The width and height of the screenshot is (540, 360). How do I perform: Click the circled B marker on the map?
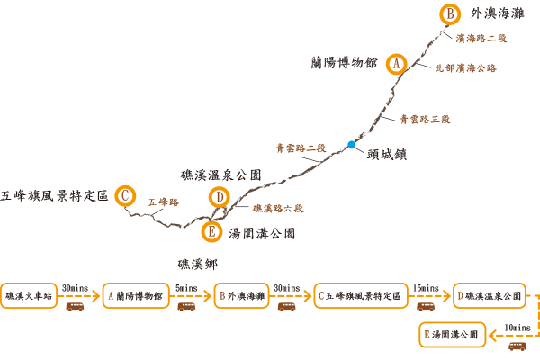450,14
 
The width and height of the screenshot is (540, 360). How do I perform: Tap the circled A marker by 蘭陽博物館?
396,64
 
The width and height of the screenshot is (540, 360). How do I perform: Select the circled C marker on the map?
125,195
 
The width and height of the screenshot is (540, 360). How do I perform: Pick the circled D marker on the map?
220,197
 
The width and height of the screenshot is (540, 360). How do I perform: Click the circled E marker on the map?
211,231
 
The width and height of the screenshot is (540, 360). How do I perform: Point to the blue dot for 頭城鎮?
351,145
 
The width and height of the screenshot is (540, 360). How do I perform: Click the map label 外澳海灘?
498,13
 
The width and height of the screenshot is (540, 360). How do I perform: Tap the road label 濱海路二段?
481,38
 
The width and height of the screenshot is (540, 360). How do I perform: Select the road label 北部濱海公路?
465,68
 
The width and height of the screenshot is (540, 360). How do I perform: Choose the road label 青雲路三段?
425,120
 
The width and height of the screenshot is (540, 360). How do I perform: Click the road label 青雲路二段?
301,148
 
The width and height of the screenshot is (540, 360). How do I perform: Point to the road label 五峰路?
164,202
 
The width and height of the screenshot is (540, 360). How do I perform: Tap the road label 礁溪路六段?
278,209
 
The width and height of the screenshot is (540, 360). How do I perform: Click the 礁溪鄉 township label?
197,265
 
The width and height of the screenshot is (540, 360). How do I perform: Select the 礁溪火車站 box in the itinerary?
29,295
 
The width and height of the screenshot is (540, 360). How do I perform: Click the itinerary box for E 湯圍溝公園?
452,335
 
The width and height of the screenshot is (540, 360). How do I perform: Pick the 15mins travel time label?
426,288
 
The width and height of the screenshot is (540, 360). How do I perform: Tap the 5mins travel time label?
186,288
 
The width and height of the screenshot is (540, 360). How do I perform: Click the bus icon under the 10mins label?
517,346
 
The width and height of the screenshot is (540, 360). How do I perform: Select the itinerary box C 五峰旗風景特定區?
361,295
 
